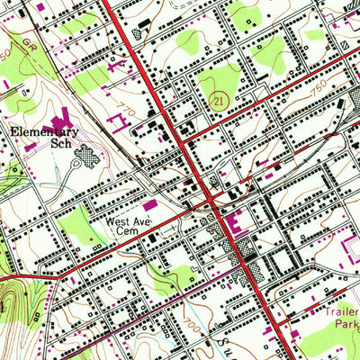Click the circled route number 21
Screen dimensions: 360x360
218,102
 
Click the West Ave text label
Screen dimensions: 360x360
126,220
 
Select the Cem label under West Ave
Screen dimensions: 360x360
124,230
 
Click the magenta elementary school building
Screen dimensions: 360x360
61,118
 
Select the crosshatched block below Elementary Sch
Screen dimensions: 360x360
86,159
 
